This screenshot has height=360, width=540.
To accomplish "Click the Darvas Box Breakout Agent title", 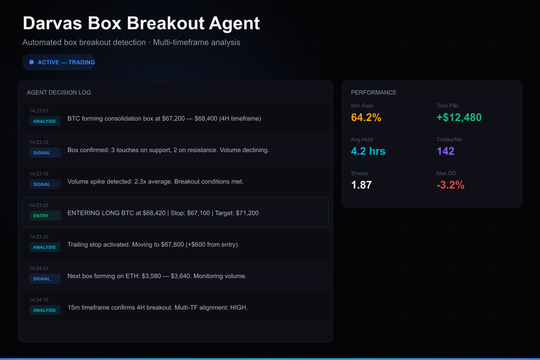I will point(141,23).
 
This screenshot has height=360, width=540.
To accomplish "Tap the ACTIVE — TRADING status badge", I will point(59,62).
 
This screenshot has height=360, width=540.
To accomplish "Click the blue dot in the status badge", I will point(31,62).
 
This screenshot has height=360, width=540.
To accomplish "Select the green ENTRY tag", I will point(41,216).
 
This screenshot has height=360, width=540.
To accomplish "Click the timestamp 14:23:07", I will point(39,111).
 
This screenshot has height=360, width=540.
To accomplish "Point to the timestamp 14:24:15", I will point(39,300).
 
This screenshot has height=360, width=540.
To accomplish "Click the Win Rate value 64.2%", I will point(366,117).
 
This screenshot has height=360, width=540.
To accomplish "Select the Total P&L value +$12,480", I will point(459,117).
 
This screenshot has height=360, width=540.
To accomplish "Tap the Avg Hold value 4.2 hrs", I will point(368,151).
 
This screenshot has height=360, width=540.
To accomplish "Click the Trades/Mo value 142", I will point(445,151).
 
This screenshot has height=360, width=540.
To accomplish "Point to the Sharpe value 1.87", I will point(361,185).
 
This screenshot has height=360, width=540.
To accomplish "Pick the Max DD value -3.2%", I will point(450,185).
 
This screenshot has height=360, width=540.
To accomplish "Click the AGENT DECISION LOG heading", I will point(59,93).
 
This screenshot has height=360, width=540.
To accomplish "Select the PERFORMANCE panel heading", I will point(373,93).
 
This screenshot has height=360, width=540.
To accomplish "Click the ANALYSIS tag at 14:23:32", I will point(45,247).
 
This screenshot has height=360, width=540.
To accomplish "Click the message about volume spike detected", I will point(155,182).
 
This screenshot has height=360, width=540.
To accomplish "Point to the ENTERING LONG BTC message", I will point(163,213).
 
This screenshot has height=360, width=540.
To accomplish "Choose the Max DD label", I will point(446,173).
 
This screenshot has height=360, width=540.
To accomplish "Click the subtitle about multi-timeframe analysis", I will point(131,42).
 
